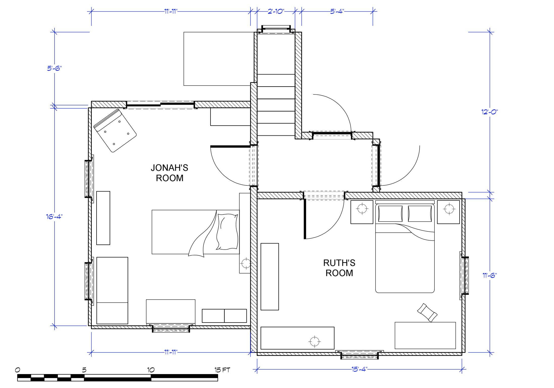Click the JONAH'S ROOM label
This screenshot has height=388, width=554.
point(169,173)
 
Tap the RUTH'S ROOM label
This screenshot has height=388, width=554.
point(339,268)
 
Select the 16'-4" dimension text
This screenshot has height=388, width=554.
point(54,217)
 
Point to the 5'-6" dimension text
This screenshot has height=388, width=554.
point(54,68)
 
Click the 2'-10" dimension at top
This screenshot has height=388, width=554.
point(276,11)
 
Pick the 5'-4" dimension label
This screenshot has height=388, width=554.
point(337,11)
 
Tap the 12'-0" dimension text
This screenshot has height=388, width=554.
point(490,112)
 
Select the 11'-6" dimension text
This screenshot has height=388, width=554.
point(490,275)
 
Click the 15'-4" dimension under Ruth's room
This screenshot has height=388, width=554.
point(359,369)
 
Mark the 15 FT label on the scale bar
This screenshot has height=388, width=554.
point(222,370)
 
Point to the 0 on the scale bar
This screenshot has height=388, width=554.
point(17,370)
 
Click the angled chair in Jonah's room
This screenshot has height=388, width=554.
point(115,131)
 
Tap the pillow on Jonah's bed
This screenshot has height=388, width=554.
point(227,232)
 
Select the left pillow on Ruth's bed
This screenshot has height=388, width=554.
point(390,214)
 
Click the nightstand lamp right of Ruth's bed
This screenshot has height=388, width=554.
point(449,209)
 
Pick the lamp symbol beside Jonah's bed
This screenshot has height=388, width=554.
point(246,263)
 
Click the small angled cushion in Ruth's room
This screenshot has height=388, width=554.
point(427,313)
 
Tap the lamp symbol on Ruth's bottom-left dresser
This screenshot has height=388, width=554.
point(314,342)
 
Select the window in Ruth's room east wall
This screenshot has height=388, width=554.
point(464,276)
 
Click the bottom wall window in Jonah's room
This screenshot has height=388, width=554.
point(171,328)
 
